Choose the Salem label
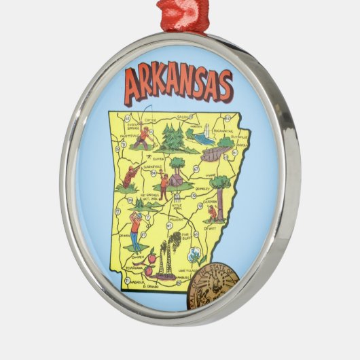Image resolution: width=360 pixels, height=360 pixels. click(183, 117)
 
